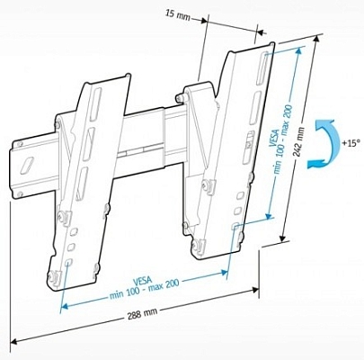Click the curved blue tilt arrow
[x=328, y=148]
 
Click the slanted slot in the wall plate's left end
[x=27, y=163]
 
